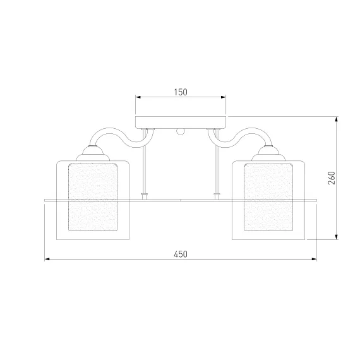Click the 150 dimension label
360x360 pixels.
tap(181, 92)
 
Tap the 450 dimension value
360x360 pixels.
tap(181, 254)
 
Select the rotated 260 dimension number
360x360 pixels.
tap(332, 177)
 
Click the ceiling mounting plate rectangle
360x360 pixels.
tap(181, 123)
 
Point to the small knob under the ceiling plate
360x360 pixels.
tap(181, 131)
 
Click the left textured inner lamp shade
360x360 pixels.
tap(93, 197)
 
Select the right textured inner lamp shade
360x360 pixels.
tap(268, 197)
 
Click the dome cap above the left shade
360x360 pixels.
tap(93, 153)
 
